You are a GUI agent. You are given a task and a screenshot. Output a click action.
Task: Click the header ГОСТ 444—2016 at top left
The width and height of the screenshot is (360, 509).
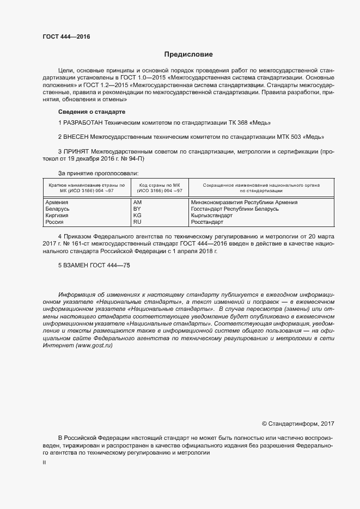(66, 36)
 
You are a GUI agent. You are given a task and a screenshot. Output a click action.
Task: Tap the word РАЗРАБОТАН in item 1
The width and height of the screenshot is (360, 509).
(83, 123)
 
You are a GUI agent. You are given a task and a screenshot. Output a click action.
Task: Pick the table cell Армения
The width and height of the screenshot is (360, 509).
(56, 203)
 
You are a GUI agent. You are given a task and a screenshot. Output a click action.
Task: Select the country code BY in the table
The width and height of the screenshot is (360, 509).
(137, 209)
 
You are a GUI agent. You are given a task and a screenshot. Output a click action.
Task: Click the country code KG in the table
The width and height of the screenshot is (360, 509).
(137, 216)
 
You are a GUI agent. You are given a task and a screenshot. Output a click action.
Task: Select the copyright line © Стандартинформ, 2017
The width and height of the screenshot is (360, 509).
(298, 423)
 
